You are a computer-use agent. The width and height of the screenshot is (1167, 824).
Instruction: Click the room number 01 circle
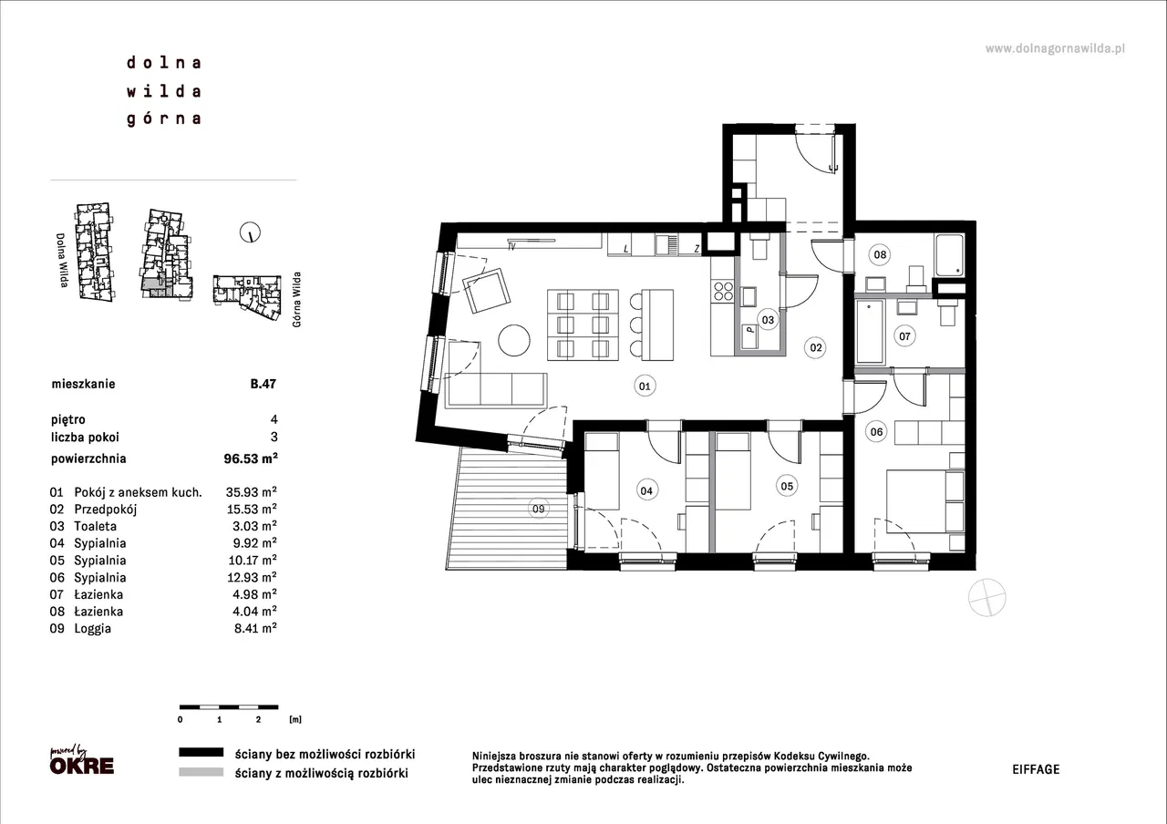[x=645, y=386]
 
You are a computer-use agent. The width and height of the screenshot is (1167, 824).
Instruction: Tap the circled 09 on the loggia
[x=538, y=509]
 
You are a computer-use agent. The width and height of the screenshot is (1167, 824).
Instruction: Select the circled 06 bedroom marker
[x=876, y=431]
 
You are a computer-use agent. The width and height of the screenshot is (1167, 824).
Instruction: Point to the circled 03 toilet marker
[x=768, y=320]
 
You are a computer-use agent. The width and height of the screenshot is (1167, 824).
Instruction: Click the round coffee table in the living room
[x=513, y=341]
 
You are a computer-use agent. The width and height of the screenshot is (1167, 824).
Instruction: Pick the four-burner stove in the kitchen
[x=723, y=291]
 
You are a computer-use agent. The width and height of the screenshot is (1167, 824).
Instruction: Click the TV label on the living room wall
[x=511, y=247]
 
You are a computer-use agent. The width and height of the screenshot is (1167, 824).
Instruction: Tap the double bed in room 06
[x=925, y=501]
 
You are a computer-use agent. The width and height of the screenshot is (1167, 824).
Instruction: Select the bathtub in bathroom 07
[x=871, y=331]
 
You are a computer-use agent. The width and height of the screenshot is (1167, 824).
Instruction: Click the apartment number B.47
[x=263, y=384]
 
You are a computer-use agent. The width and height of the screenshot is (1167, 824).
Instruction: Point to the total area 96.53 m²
[x=251, y=458]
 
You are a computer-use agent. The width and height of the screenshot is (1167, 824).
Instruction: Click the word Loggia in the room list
[x=93, y=629]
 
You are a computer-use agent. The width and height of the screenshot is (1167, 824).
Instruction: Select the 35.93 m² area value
[x=251, y=491]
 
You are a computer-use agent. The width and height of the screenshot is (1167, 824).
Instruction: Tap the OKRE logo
[x=82, y=766]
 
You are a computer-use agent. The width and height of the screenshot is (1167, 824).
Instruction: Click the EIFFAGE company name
[x=1036, y=769]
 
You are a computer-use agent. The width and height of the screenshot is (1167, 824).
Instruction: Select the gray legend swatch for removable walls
[x=201, y=772]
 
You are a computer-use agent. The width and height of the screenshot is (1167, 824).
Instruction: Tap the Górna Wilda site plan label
[x=297, y=300]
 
